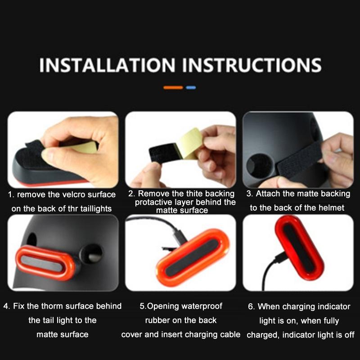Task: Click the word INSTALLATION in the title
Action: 107,65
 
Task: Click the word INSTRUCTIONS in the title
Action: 252,65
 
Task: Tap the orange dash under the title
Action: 173,87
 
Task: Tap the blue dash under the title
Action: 191,87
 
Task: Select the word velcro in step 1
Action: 74,194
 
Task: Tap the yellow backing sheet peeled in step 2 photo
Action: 189,143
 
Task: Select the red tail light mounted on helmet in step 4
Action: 45,263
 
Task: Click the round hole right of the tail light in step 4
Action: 91,254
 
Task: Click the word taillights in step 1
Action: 96,209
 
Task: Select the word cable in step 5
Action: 230,334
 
